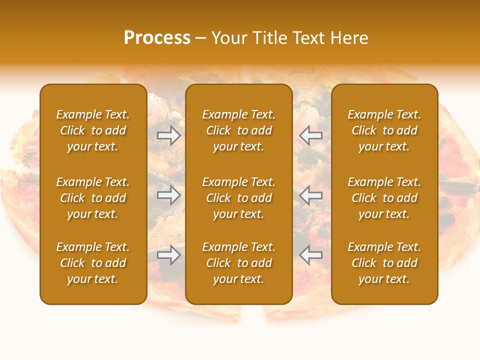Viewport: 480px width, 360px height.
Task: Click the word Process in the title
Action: pos(157,38)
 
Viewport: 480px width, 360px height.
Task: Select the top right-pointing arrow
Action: pos(168,135)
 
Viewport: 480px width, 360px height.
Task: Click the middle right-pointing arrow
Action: pos(168,195)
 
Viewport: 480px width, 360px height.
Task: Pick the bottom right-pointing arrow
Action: pos(168,255)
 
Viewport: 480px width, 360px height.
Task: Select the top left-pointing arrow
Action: pos(310,135)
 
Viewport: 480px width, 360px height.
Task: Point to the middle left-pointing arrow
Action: pos(310,195)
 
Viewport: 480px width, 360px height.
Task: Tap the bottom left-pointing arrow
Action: pos(310,255)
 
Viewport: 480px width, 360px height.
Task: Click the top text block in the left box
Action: pos(93,130)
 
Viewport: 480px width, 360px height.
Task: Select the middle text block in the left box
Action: pos(93,198)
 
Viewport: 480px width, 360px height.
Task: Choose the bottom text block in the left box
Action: pos(93,263)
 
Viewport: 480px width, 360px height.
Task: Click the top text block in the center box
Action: pos(238,130)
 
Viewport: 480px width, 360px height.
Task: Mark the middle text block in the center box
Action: pos(238,198)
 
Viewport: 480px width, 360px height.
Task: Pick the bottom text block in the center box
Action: pos(238,263)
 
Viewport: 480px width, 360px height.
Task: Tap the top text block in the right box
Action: pos(384,130)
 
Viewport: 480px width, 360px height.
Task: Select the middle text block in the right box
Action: pos(384,198)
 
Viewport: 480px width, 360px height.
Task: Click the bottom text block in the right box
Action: pos(384,263)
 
